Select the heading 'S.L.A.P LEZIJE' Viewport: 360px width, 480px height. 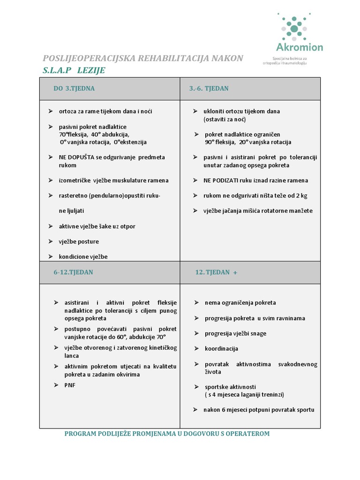pyautogui.click(x=74, y=71)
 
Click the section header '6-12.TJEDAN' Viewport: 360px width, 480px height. pyautogui.click(x=73, y=272)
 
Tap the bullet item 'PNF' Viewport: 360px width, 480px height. pyautogui.click(x=70, y=385)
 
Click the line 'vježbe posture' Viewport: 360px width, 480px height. pyautogui.click(x=79, y=242)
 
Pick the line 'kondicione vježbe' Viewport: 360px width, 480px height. pyautogui.click(x=83, y=257)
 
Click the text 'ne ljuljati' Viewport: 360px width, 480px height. pyautogui.click(x=72, y=211)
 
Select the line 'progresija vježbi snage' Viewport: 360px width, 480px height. pyautogui.click(x=235, y=334)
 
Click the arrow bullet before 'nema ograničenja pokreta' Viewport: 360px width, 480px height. pyautogui.click(x=197, y=303)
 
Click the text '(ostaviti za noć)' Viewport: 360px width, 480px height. pyautogui.click(x=225, y=120)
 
